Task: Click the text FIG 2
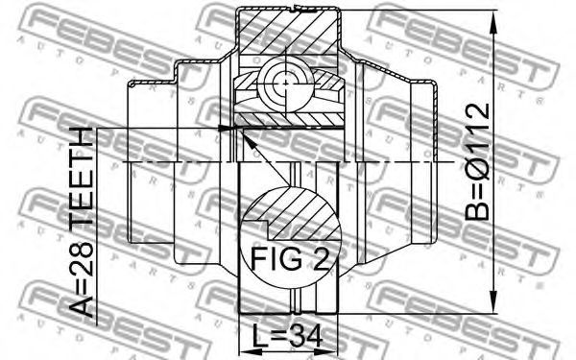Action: [x=290, y=258]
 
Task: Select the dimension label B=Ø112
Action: [x=477, y=161]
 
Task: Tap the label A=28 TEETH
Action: [x=82, y=223]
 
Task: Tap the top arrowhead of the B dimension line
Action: [x=494, y=22]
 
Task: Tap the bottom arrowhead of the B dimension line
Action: [x=494, y=301]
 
